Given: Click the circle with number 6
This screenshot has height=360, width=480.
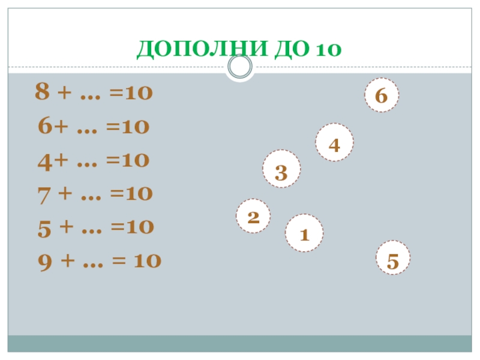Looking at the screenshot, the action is [x=382, y=95].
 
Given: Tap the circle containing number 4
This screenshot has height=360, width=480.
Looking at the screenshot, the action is [x=335, y=143].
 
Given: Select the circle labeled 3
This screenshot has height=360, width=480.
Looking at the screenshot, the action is [x=281, y=170].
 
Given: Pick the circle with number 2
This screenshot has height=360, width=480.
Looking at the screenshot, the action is [x=253, y=215].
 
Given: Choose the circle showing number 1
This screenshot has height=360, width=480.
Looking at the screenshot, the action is [x=304, y=233].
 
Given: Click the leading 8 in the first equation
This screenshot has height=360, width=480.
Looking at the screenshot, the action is [x=42, y=92].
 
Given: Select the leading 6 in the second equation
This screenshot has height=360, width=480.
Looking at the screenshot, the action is [x=45, y=126].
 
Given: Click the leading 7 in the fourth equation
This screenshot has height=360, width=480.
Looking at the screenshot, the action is [x=43, y=193].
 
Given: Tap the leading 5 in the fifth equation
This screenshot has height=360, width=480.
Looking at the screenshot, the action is [x=44, y=227].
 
